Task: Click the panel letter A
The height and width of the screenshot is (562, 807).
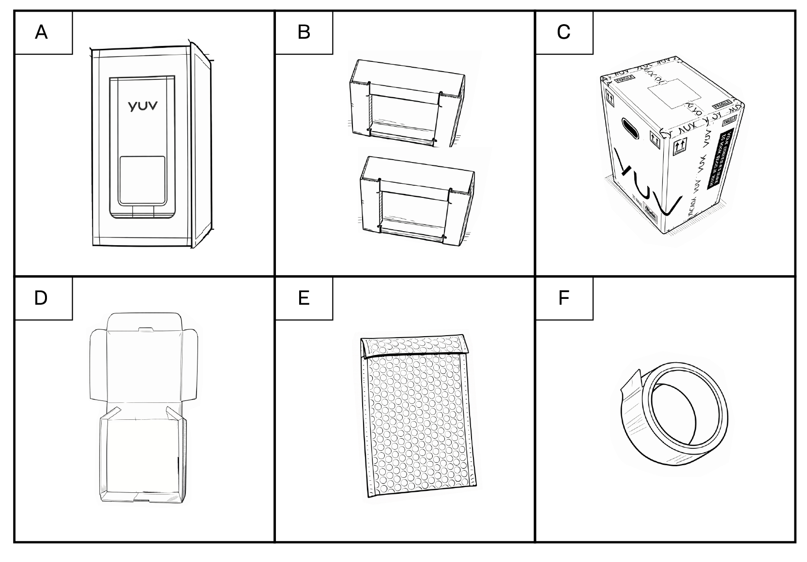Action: click(x=42, y=32)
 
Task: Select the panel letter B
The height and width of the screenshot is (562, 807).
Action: click(x=304, y=32)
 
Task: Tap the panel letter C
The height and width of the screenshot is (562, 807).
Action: click(x=563, y=32)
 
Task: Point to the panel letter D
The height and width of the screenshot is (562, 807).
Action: click(x=41, y=298)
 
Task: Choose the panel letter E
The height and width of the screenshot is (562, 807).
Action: click(x=304, y=298)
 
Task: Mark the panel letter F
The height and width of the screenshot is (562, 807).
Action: click(x=563, y=298)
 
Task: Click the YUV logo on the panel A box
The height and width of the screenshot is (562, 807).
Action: click(x=142, y=105)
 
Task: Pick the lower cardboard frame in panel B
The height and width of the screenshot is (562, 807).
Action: click(x=415, y=199)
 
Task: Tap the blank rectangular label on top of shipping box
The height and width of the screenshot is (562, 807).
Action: click(x=668, y=91)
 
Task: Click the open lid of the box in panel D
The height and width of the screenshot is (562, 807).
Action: click(x=144, y=363)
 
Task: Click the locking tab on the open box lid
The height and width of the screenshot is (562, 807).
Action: click(x=144, y=329)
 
